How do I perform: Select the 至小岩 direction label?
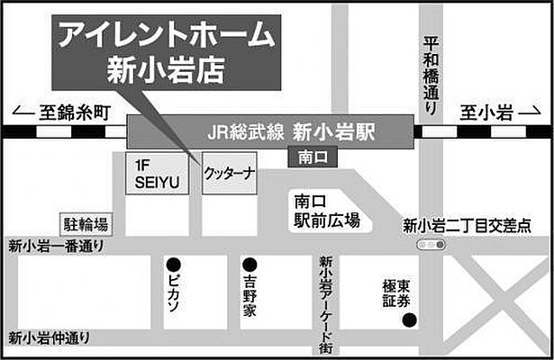487,114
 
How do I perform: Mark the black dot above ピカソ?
172,265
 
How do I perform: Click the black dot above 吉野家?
248,265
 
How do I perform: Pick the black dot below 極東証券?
409,320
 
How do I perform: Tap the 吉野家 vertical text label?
248,297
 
